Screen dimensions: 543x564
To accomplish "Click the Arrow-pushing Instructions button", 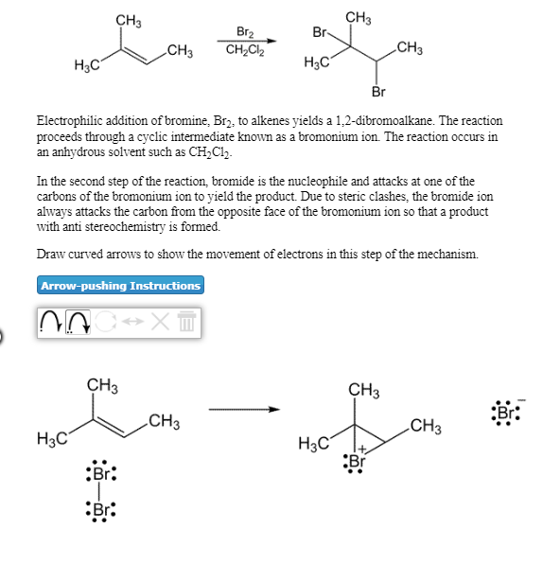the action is [x=120, y=285].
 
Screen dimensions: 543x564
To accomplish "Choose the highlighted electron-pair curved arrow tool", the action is [x=79, y=322].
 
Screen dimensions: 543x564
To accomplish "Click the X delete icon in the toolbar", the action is [x=160, y=322].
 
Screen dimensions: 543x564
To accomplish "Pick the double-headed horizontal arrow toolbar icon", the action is [x=132, y=322].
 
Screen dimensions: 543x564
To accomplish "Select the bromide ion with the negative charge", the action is [x=506, y=413].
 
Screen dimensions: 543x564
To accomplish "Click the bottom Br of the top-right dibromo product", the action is [x=377, y=92].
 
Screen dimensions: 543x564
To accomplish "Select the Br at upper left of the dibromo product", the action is [x=319, y=31].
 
